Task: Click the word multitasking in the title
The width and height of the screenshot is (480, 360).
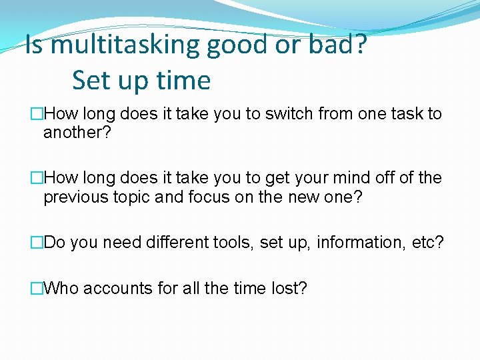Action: [125, 45]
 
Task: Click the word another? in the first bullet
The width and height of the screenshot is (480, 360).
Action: [77, 133]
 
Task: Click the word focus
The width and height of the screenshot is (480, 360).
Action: [199, 197]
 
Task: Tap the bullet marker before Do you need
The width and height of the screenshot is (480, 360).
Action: [37, 243]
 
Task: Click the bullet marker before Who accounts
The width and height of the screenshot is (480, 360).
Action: [37, 289]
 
